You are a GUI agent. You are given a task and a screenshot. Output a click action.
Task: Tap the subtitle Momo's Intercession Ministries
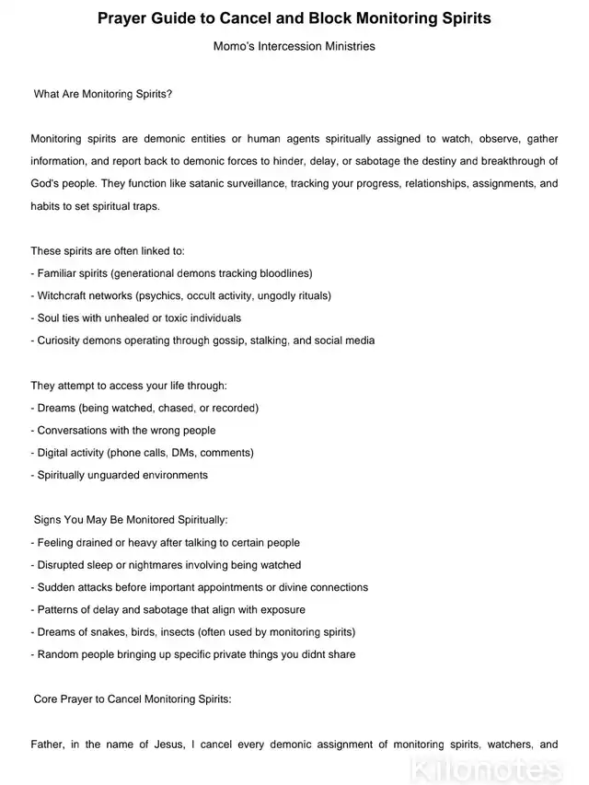[294, 46]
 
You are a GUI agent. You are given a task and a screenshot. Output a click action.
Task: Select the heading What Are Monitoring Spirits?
[103, 94]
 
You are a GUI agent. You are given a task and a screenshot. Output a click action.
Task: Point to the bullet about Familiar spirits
[171, 273]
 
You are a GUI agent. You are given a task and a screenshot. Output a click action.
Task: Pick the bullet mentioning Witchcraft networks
[180, 295]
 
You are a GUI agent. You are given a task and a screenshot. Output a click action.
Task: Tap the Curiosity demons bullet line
[202, 341]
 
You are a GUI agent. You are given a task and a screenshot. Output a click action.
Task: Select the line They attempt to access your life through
[129, 386]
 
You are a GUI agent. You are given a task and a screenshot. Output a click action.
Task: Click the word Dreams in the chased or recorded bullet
[56, 408]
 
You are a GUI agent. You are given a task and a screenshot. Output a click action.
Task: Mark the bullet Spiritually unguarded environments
[120, 476]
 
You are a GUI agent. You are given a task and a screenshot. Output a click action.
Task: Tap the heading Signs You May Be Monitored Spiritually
[131, 520]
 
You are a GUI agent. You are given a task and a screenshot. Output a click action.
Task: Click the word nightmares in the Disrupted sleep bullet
[147, 565]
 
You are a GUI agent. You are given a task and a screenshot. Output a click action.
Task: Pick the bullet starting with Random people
[193, 654]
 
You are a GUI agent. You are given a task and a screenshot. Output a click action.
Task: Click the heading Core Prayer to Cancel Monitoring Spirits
[133, 699]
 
